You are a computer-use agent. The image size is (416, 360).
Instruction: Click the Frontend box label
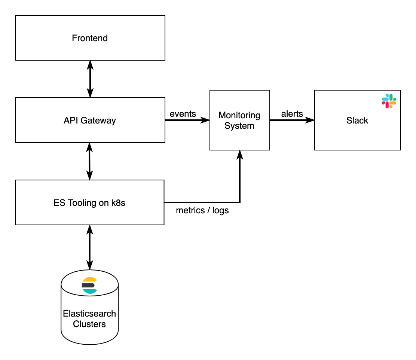tap(90, 38)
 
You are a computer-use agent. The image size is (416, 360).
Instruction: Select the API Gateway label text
tap(90, 120)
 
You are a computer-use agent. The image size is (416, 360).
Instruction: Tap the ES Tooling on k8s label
tap(89, 203)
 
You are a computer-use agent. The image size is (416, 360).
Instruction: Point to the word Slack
tap(357, 120)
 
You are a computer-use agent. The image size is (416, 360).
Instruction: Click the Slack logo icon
tap(389, 101)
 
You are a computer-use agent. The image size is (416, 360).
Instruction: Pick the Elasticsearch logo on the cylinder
tap(89, 286)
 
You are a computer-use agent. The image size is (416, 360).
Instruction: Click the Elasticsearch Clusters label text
tap(89, 319)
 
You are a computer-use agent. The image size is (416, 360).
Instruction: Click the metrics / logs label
tap(202, 211)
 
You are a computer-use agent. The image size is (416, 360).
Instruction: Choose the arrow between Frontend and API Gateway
tap(90, 79)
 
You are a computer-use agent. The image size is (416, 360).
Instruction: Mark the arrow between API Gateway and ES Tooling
tap(89, 161)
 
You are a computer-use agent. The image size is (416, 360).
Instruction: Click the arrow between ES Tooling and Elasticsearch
tap(89, 247)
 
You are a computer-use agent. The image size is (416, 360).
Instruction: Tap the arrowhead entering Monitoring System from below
tap(239, 155)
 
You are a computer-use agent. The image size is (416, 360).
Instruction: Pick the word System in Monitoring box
tap(239, 126)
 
